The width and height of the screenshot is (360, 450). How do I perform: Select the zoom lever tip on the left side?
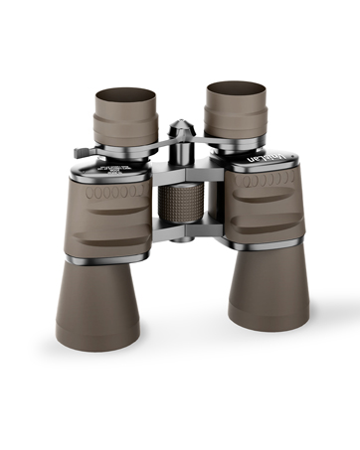(x=79, y=152)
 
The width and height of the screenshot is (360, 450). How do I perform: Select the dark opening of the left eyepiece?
(x=125, y=96)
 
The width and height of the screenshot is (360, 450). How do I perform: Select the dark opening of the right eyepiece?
(x=235, y=88)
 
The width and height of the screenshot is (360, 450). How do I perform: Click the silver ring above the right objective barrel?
(x=264, y=242)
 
